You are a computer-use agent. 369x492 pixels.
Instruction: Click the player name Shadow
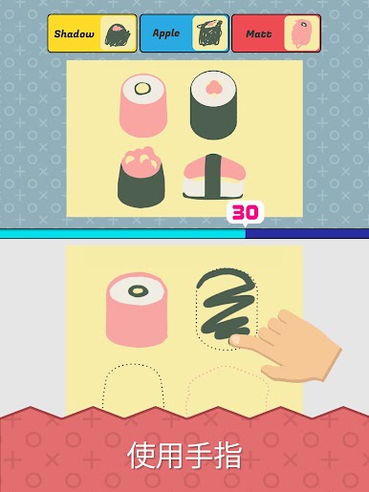coord(74,33)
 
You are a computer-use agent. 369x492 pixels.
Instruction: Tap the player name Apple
coord(166,33)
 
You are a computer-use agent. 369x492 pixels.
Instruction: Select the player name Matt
coord(259,33)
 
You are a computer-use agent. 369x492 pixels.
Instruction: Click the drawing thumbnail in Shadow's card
coord(118,33)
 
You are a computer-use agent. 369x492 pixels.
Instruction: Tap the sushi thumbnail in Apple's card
coord(209,33)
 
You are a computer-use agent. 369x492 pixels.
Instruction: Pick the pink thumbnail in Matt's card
coord(301,33)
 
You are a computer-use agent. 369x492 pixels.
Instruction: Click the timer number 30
coord(245,212)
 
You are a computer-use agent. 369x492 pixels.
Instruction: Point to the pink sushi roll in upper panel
coord(143,106)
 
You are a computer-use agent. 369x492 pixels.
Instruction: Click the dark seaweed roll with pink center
coord(213,105)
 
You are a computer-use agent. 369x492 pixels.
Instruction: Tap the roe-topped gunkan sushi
coord(141,177)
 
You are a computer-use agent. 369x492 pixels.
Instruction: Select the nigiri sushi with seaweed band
coord(213,177)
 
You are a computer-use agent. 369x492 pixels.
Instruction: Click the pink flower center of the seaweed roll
coord(213,87)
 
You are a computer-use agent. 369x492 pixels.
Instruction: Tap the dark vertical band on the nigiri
coord(213,176)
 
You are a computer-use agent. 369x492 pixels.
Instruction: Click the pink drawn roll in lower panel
coord(137,310)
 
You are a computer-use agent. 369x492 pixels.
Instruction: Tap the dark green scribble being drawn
coord(226,303)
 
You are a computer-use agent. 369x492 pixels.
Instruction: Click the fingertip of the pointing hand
coord(234,341)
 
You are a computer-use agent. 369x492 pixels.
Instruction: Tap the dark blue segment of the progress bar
coord(307,233)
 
